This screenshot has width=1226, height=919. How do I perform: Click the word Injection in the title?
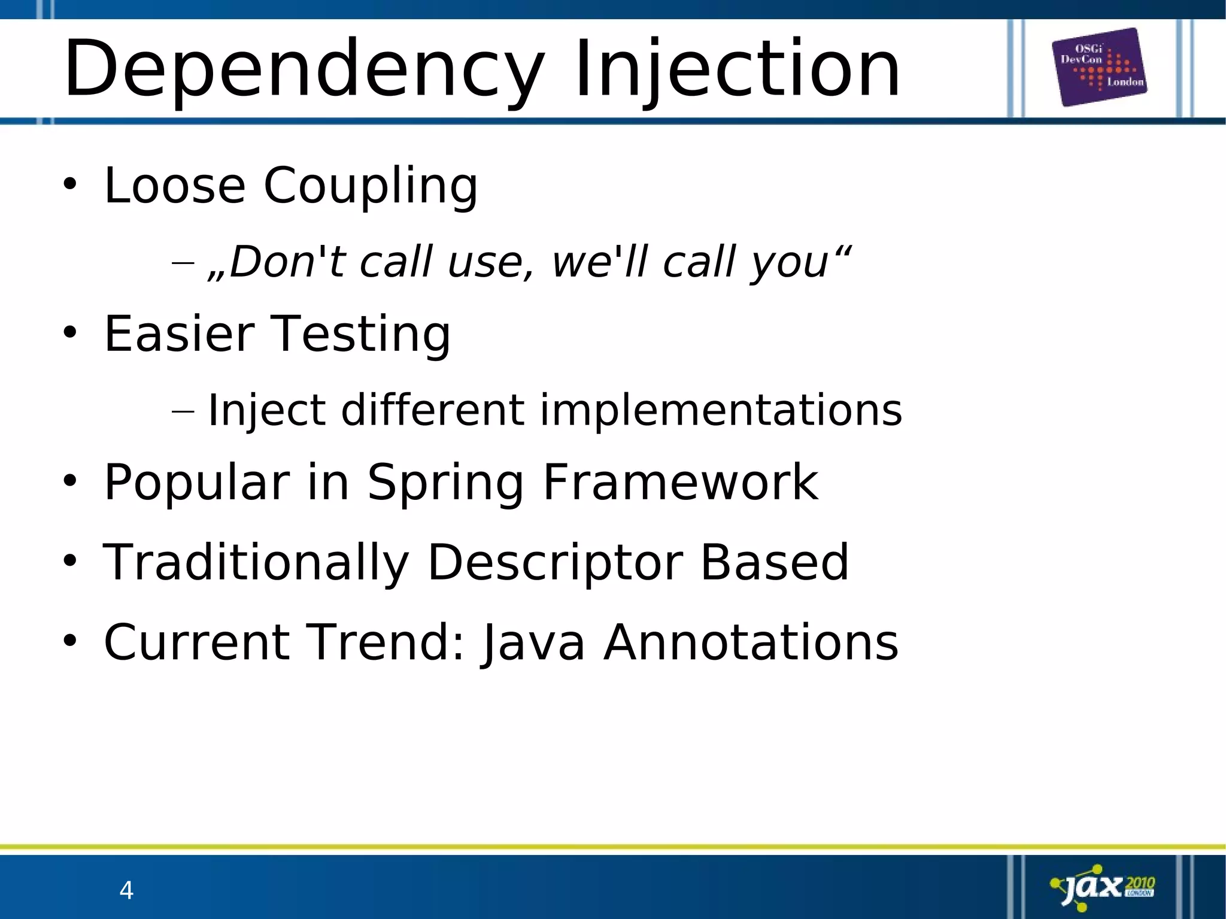coord(737,69)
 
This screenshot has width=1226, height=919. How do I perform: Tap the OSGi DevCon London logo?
coord(1100,67)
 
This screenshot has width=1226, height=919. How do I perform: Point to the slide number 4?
coord(126,891)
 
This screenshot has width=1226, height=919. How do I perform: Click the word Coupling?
coord(371,186)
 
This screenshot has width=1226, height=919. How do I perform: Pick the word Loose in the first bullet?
coord(175,186)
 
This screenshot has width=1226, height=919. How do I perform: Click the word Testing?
coord(361,334)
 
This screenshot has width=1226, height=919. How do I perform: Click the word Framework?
coord(680,483)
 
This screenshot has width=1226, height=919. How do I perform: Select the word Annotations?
coord(751,642)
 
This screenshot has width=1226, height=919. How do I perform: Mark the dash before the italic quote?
coord(183,263)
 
